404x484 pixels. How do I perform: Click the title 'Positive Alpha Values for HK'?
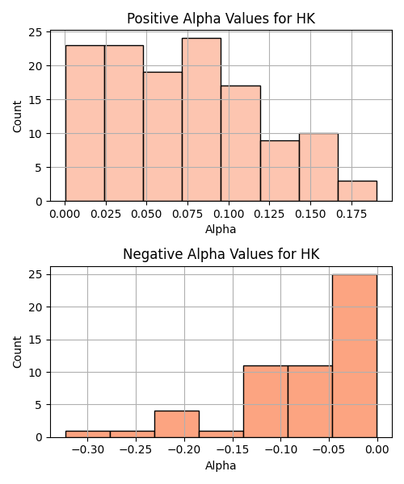221,19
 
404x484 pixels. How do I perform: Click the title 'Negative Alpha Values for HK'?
221,254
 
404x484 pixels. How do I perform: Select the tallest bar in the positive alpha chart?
201,119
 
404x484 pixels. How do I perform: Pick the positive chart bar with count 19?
162,137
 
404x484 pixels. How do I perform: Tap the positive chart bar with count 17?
241,144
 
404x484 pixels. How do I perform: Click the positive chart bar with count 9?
280,171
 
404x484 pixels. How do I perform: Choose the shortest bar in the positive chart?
357,191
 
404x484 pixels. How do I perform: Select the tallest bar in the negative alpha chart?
355,356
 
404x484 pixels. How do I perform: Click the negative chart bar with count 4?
177,424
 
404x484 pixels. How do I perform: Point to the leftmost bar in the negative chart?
88,434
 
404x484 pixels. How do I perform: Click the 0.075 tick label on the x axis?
187,214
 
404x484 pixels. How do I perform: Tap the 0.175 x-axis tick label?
351,214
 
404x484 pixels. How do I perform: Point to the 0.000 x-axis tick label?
65,214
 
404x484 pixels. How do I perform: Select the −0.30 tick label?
88,450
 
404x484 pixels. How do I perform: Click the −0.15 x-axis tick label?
233,450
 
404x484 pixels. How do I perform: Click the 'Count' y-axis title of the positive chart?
17,117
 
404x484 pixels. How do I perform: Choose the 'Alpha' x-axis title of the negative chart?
221,465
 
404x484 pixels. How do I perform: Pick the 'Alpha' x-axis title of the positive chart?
221,229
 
